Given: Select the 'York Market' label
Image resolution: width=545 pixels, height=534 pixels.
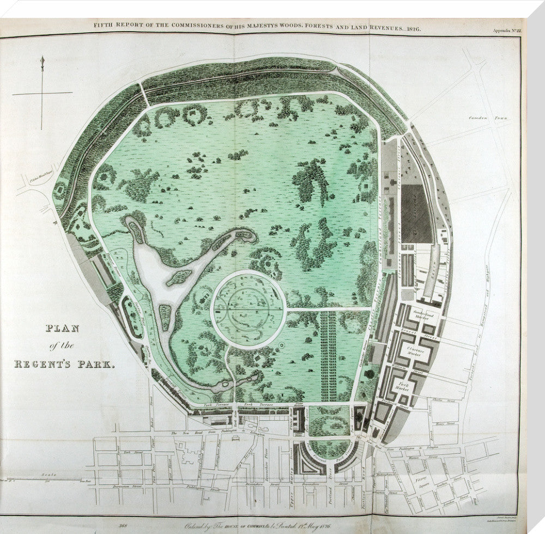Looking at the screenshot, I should coord(404,385).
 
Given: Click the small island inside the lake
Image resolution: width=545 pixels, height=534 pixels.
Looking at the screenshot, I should coord(179,278).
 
